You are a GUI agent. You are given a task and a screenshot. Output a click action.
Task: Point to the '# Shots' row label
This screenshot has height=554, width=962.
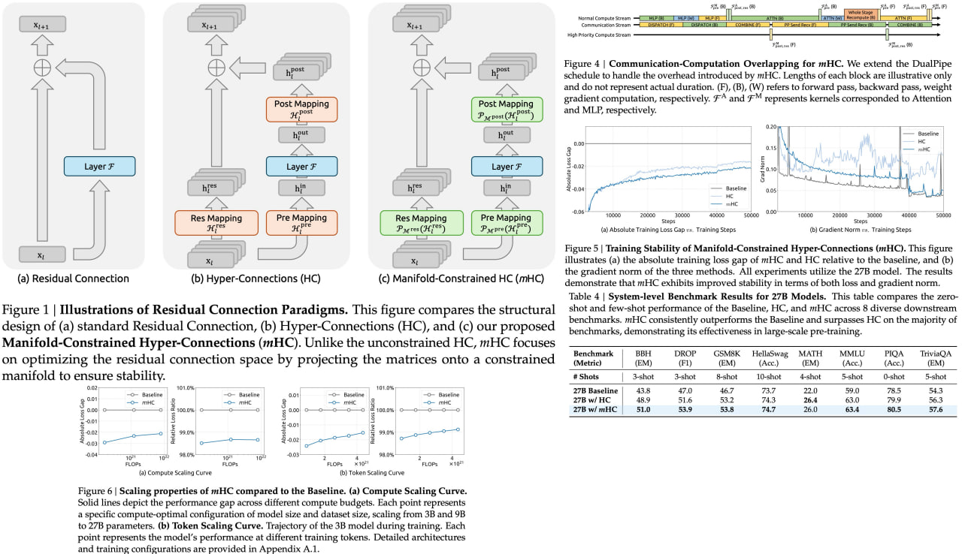pyautogui.click(x=590, y=375)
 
